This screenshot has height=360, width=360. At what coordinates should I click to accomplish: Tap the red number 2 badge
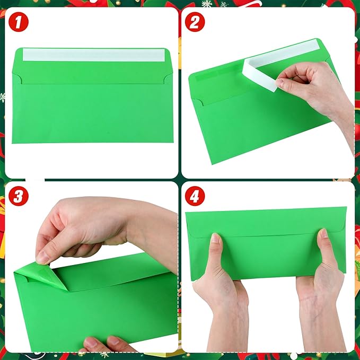coord(195,23)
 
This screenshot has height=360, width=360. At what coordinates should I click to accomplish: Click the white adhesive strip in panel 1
coord(93,54)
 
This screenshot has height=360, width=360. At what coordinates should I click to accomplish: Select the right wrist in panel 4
coord(318,329)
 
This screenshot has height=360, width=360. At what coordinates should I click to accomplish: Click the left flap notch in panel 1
coord(17,79)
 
